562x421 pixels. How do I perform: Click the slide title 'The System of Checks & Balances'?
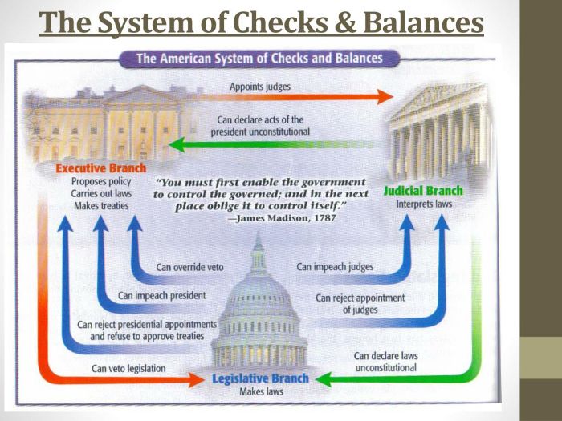(262, 23)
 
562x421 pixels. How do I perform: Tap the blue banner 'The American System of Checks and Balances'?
(259, 59)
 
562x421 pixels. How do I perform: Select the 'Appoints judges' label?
(260, 86)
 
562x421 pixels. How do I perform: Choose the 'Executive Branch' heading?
(100, 168)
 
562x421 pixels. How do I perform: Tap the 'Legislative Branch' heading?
(259, 378)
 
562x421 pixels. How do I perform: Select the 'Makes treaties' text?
(100, 206)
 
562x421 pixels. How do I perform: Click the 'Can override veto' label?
(190, 267)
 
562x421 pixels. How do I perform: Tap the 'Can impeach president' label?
(161, 295)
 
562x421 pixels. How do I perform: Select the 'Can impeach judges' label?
(335, 266)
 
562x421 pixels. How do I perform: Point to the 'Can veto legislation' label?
(128, 369)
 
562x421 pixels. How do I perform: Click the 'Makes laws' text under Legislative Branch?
(259, 392)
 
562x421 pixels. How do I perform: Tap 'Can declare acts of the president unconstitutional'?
(260, 125)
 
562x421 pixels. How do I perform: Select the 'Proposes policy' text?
(100, 181)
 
